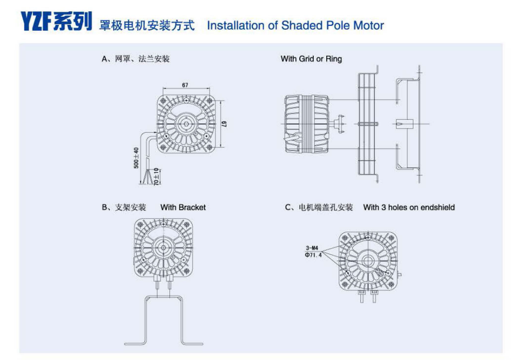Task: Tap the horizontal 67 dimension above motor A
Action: [185, 86]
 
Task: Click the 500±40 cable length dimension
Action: [137, 158]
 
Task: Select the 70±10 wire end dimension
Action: [156, 176]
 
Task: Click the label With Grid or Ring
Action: [311, 58]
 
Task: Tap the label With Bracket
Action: [183, 207]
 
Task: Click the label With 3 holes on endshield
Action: [409, 207]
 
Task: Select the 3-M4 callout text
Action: [312, 248]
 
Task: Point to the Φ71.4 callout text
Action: [313, 254]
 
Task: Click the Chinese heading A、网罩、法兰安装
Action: [135, 58]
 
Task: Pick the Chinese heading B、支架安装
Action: [124, 207]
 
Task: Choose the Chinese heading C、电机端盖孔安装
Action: [319, 207]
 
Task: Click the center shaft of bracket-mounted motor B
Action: [162, 246]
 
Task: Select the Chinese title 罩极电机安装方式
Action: [147, 25]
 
